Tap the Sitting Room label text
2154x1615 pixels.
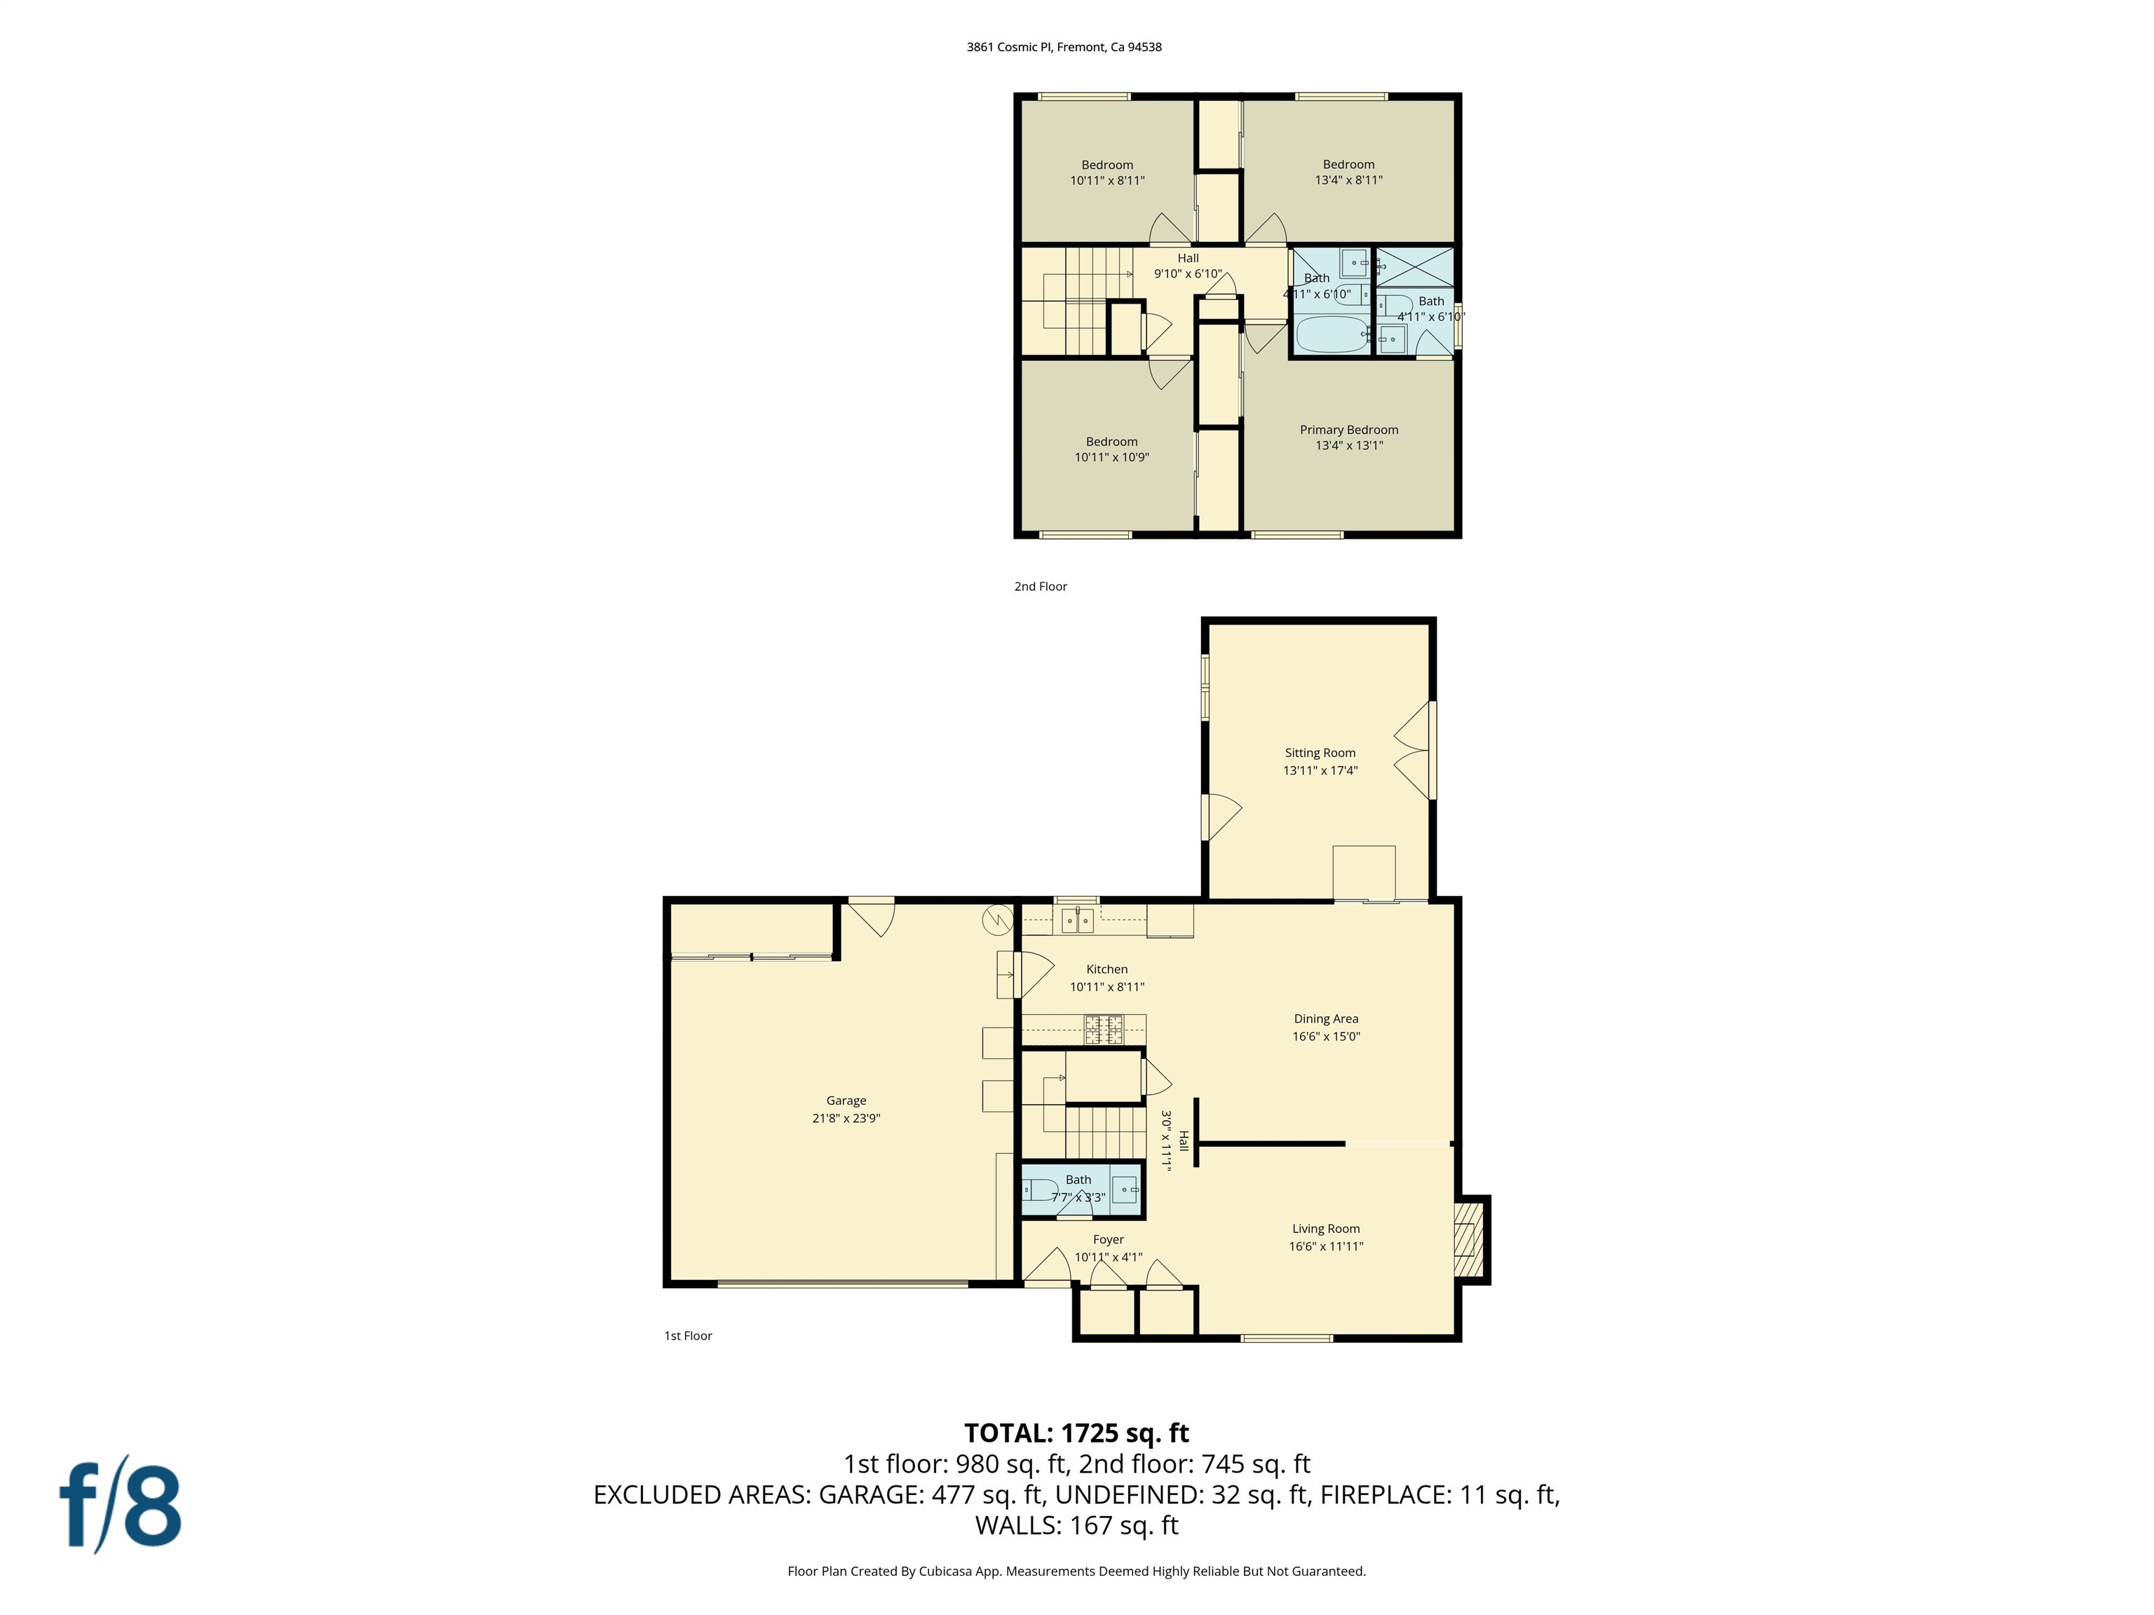[1320, 753]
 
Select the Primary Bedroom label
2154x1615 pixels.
[1348, 429]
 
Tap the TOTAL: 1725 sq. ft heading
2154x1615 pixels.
[1076, 1433]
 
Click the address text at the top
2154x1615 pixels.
[1064, 47]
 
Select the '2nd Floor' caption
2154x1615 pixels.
[1040, 586]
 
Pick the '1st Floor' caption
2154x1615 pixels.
[687, 1335]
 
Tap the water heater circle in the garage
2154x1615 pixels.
[997, 918]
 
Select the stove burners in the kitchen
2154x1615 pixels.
[1104, 1029]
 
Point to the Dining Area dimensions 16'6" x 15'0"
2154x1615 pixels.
[1325, 1037]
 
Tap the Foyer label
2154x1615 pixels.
[1108, 1239]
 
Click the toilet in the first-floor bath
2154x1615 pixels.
[1039, 1190]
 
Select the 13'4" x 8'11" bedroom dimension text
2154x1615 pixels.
[1348, 180]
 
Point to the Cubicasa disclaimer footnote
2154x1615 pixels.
[1076, 1570]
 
